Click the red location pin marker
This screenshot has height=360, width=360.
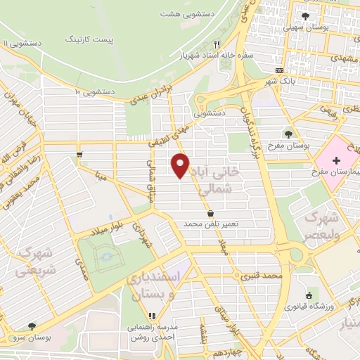[x=181, y=165]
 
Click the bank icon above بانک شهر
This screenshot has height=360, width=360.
[x=280, y=70]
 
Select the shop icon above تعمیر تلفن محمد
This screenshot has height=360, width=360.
[x=210, y=213]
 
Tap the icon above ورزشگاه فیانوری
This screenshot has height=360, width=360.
[x=309, y=295]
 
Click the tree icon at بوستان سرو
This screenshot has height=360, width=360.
[x=32, y=326]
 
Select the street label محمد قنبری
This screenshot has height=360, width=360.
[x=260, y=276]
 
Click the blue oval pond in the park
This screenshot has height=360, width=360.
[x=106, y=257]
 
